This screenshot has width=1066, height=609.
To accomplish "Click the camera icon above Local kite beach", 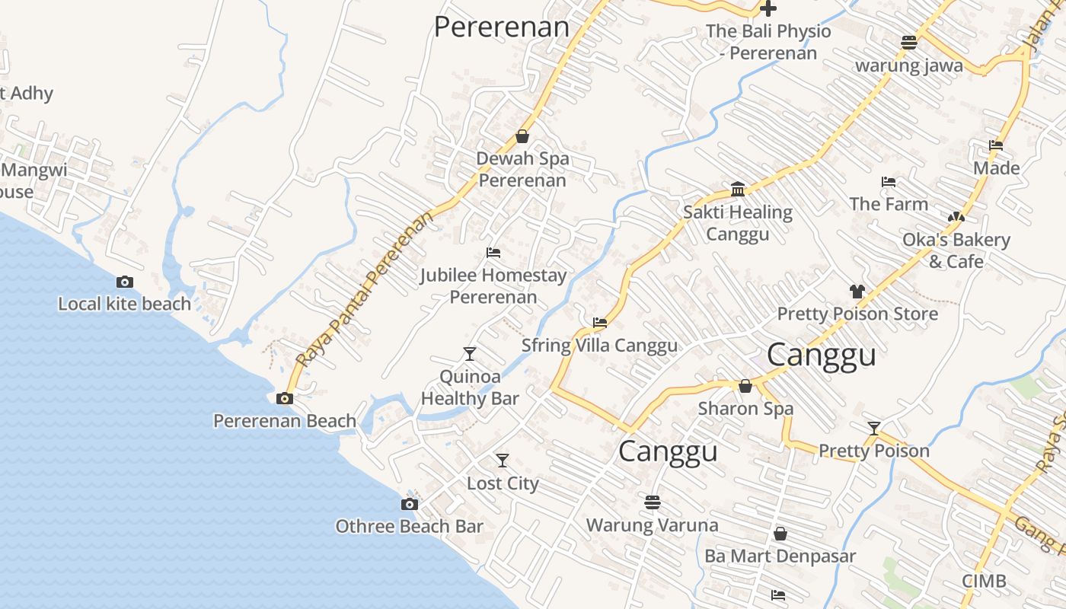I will coord(125,282).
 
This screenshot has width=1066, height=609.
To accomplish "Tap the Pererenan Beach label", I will coord(284,421).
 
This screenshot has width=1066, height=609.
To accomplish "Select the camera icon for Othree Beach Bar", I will coord(410,504).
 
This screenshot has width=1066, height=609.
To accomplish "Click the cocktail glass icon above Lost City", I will coord(503,461).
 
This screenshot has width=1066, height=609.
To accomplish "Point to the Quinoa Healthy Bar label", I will coord(470,387).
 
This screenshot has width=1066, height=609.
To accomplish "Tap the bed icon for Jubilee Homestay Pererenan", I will coord(493,253).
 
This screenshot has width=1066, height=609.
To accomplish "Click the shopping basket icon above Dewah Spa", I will coord(522,137).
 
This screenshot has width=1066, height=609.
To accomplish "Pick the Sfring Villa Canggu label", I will coord(599,346).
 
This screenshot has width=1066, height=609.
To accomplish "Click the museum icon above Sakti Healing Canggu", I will coord(738,189).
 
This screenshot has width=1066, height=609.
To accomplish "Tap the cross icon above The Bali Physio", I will coord(769,9).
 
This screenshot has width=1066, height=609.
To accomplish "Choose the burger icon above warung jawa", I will coord(908,43).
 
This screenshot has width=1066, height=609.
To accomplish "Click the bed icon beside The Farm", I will coord(888,182).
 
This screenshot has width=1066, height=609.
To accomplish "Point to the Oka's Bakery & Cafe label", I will coord(956,250).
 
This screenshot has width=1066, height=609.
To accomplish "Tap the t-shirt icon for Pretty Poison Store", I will coord(857,291).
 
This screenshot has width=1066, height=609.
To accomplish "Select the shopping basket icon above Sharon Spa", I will coord(745,387).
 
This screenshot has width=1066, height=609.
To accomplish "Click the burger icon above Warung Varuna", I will coord(652,502).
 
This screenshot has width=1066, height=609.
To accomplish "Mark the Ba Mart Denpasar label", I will coord(780,556).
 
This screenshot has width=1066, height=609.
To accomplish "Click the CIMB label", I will coord(984,582).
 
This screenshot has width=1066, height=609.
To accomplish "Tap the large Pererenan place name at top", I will coord(502,27).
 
